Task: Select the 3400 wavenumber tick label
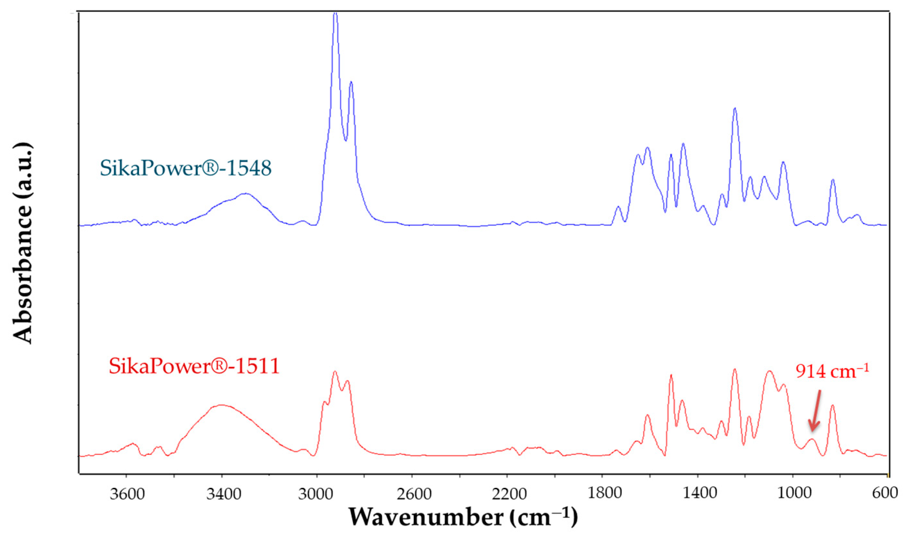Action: (x=224, y=494)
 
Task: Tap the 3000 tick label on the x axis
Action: (x=317, y=494)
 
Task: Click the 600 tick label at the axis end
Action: (x=887, y=494)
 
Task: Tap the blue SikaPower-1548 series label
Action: (x=186, y=168)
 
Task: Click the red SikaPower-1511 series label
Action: (x=194, y=367)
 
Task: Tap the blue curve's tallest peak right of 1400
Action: (x=735, y=108)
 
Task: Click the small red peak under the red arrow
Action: (x=812, y=440)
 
